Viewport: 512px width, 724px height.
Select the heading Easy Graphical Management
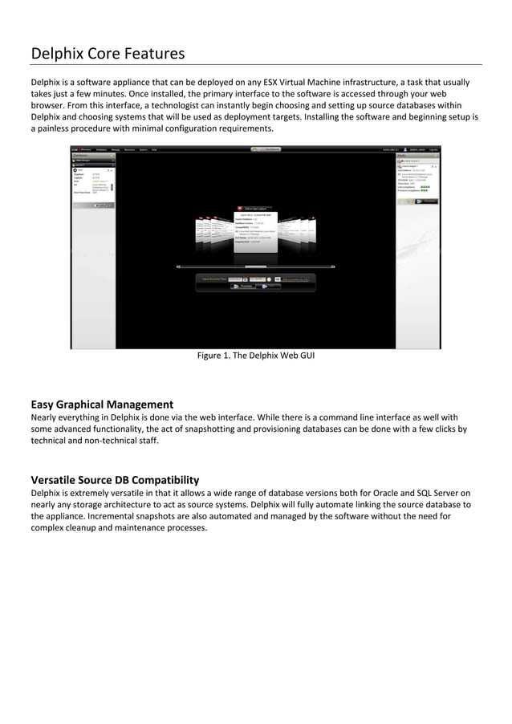click(x=102, y=404)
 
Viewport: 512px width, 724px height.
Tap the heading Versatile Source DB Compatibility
click(x=115, y=480)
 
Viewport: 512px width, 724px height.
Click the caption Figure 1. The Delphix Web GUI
click(x=256, y=356)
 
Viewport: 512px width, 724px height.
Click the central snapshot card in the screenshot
click(x=255, y=232)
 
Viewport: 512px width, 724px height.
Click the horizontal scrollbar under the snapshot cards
click(x=255, y=266)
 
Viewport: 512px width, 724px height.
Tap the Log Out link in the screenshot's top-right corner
click(x=433, y=149)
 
